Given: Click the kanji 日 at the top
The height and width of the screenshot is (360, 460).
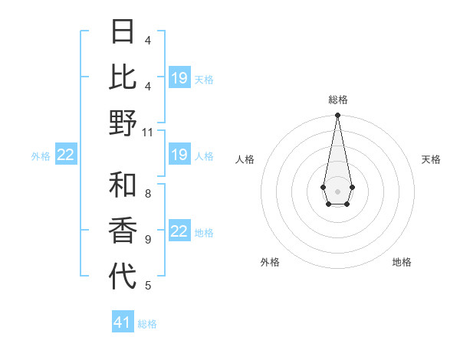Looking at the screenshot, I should tap(123, 32).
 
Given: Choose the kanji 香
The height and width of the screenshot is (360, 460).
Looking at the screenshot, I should tap(123, 231).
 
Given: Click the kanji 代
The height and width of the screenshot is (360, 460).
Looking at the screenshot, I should tap(123, 276).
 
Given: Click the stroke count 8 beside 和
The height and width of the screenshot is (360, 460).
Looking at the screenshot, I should tap(147, 193).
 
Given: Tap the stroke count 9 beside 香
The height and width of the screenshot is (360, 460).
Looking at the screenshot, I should tap(147, 240).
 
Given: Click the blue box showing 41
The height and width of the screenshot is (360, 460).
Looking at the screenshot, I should tap(123, 322).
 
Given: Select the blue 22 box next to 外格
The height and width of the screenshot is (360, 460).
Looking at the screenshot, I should tap(66, 155).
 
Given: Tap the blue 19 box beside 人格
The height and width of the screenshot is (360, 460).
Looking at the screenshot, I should tap(179, 155).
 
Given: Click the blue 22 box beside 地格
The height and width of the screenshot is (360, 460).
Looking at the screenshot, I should tap(179, 232).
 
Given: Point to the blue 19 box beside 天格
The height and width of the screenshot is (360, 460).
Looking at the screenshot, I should tap(179, 78).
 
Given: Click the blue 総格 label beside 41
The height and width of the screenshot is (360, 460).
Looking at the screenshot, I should tap(147, 324).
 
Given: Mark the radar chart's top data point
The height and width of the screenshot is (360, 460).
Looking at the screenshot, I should tap(337, 116).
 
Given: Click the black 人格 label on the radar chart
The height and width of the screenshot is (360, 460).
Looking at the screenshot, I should tap(245, 159).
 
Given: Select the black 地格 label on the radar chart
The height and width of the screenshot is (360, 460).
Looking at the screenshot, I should tap(402, 262).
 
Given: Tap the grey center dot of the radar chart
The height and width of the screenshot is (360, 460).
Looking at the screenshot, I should tap(337, 190).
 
